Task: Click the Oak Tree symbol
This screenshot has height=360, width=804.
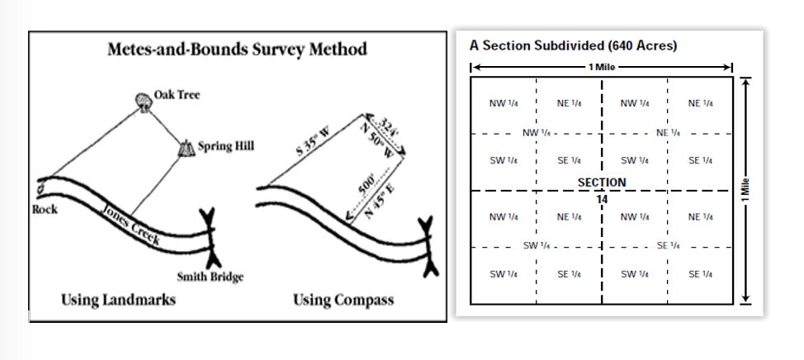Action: click(x=144, y=102)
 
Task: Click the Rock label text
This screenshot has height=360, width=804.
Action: click(x=45, y=210)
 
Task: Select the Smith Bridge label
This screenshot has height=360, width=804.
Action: click(x=210, y=277)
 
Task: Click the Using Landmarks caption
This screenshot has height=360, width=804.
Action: click(x=118, y=300)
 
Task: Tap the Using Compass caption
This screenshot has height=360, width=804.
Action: click(x=343, y=300)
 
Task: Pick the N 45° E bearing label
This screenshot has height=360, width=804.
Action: click(x=380, y=201)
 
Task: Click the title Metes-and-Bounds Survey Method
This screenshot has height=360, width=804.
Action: click(x=238, y=50)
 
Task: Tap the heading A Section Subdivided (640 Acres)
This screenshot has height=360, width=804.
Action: click(x=573, y=45)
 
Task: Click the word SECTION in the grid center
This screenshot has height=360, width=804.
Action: click(x=602, y=182)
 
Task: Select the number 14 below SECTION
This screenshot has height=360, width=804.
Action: click(x=602, y=200)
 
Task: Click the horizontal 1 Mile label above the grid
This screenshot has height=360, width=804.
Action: click(x=602, y=67)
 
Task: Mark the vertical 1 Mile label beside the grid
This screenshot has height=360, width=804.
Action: click(x=746, y=190)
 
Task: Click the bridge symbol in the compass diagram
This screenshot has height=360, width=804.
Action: click(x=427, y=247)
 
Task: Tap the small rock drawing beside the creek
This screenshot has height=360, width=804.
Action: click(x=41, y=190)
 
